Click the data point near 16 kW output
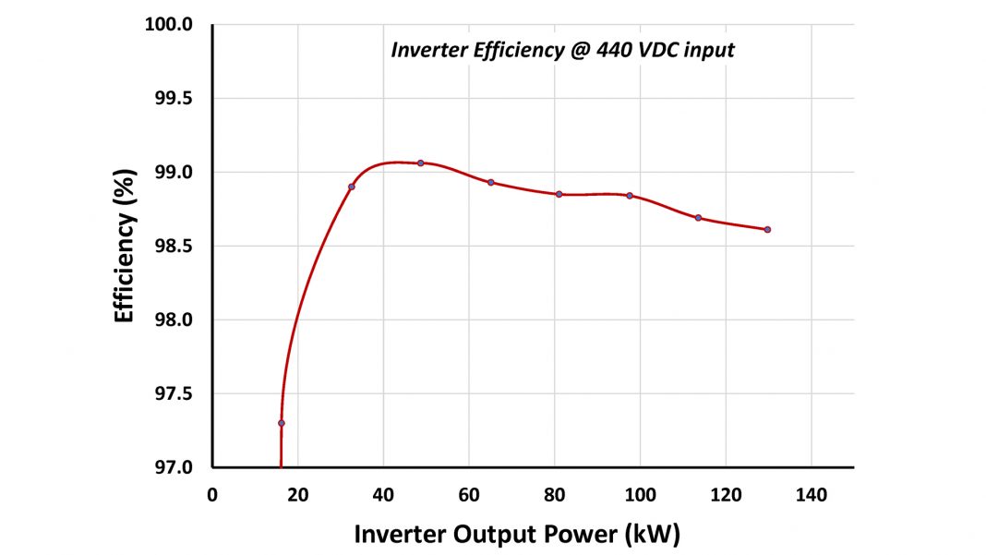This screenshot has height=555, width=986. click(281, 423)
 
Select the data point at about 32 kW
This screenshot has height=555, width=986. click(352, 187)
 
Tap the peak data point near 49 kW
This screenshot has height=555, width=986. click(420, 163)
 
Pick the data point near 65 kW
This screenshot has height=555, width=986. click(491, 182)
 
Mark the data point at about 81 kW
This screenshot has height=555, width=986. click(559, 194)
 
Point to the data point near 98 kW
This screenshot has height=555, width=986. click(630, 196)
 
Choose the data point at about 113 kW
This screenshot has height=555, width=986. click(698, 218)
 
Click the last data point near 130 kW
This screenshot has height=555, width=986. click(767, 229)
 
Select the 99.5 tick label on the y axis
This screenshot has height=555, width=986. click(173, 98)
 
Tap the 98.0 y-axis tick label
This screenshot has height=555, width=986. click(173, 320)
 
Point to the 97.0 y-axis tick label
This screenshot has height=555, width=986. click(173, 467)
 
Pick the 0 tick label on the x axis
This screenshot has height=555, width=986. click(212, 495)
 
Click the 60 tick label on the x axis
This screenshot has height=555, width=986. click(468, 495)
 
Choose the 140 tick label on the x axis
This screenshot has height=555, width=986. click(811, 495)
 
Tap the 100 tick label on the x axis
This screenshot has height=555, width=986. click(640, 495)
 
